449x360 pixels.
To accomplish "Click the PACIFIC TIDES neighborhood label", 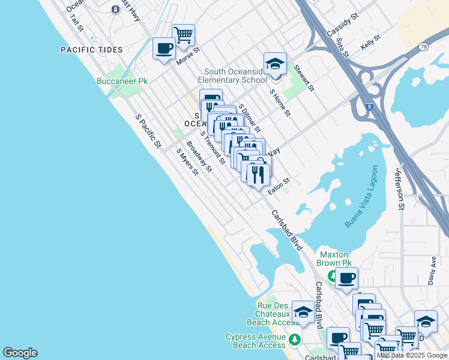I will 92,50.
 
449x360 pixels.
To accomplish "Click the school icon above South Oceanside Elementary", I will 275,64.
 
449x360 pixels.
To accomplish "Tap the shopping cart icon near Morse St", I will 183,34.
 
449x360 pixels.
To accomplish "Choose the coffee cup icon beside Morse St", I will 164,48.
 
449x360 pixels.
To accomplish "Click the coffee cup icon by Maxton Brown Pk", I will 346,278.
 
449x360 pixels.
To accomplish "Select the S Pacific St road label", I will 148,131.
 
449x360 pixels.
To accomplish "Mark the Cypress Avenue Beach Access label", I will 256,341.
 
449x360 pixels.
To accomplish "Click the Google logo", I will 20,353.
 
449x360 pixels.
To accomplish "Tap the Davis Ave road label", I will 432,271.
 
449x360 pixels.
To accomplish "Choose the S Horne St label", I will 280,102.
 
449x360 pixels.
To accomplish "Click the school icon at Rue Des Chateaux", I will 303,311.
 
